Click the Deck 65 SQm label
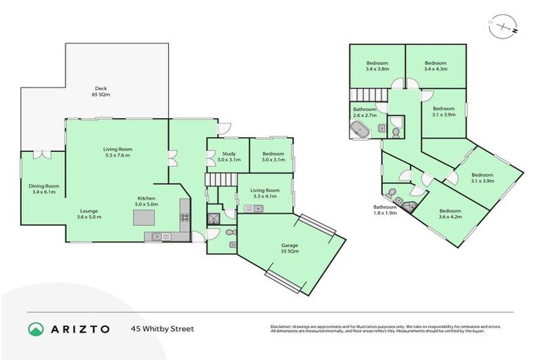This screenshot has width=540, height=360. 102,91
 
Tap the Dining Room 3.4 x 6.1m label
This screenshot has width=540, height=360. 44,188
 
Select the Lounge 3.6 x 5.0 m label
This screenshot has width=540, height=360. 89,214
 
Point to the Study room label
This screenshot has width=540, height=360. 229,157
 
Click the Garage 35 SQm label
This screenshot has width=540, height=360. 290,248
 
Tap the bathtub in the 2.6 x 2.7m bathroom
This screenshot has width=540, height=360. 361,130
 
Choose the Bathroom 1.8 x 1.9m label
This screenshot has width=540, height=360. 385,210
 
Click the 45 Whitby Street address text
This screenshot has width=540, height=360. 162,328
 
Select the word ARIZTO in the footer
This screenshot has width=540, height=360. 82,328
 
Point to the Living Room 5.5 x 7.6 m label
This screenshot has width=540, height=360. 117,152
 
